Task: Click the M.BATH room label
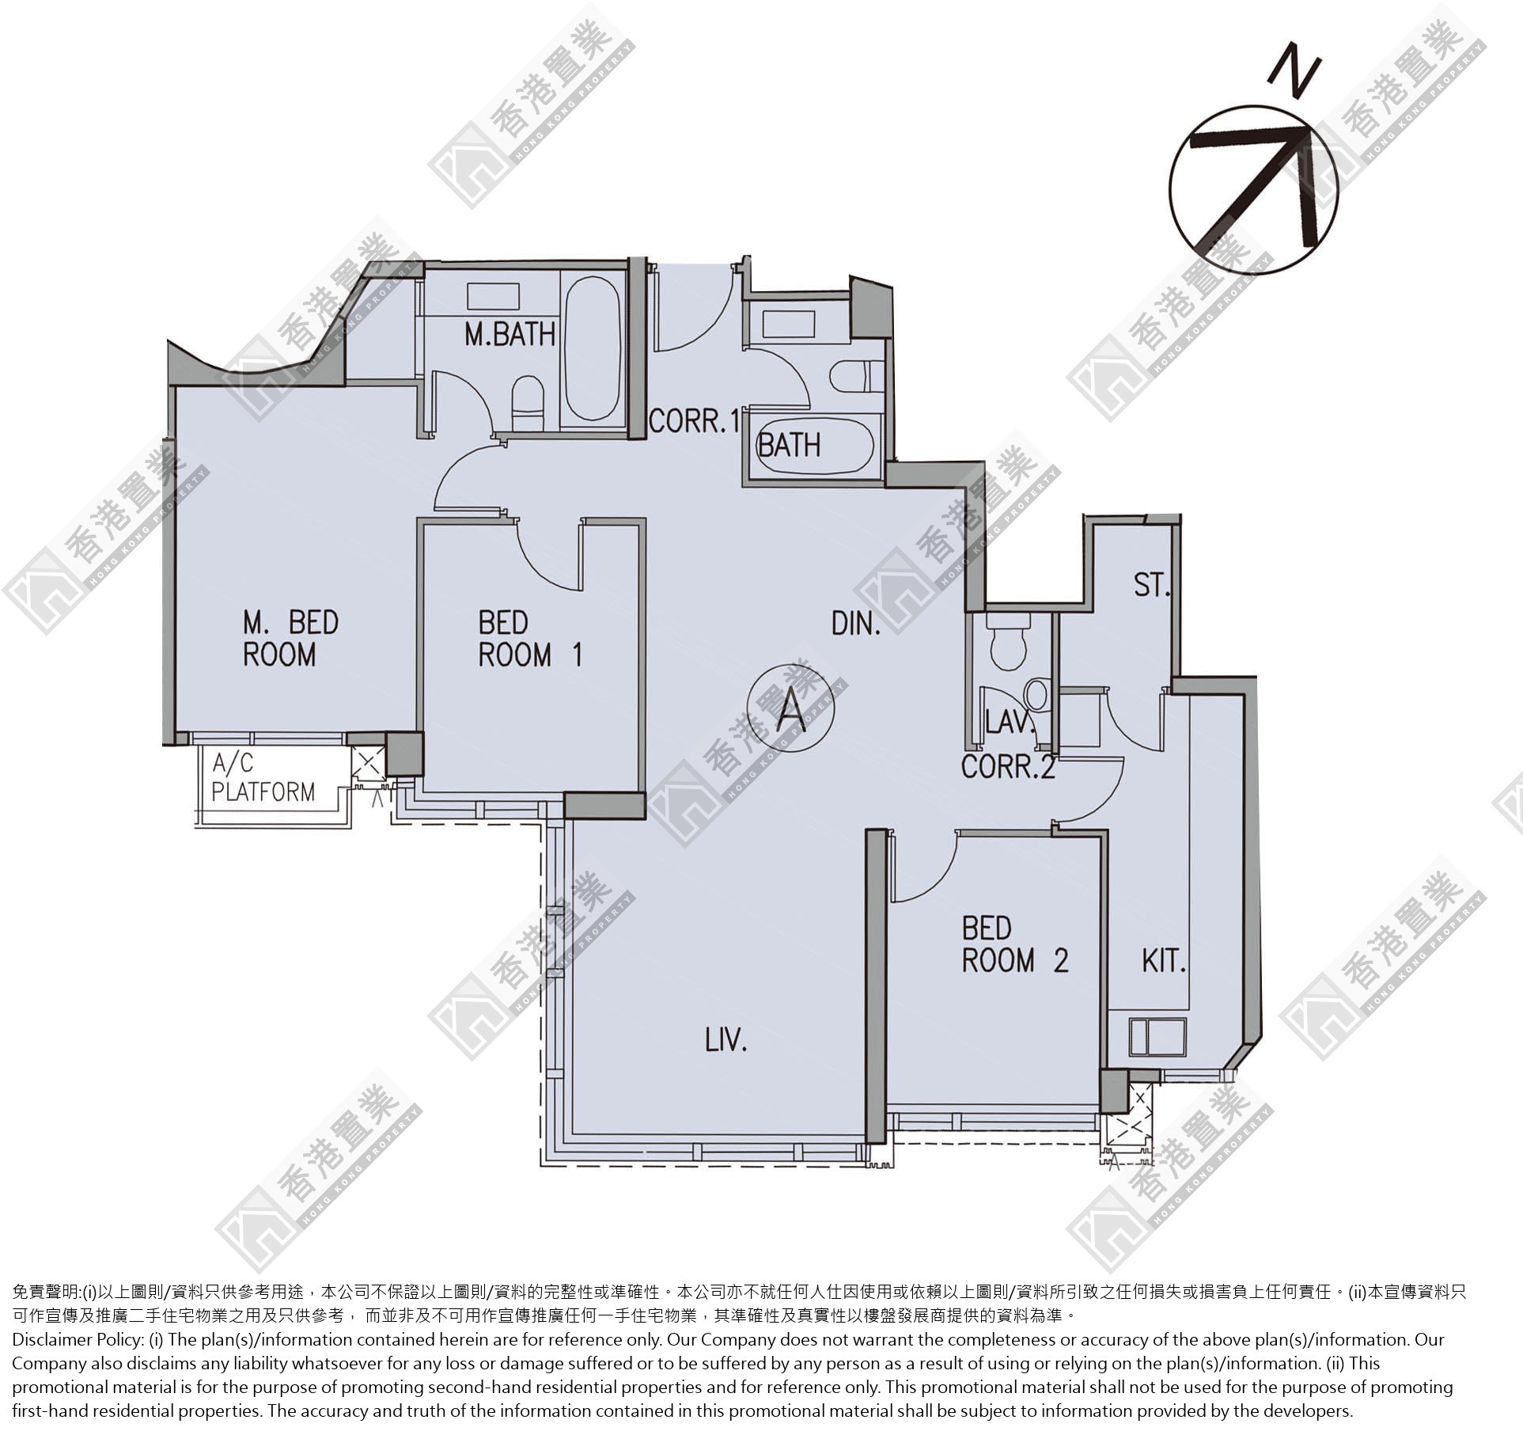point(510,334)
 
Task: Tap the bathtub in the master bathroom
point(593,348)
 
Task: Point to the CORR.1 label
point(694,421)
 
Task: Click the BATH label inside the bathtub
point(789,446)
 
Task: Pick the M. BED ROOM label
point(290,639)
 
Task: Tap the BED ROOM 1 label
point(530,639)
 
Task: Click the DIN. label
point(856,624)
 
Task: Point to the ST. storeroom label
point(1151,585)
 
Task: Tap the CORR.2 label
point(1008,767)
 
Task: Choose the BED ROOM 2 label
point(1015,944)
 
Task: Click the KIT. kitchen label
point(1164,961)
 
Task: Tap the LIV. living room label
point(726,1040)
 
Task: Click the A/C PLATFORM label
point(263,777)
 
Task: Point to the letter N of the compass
point(1294,73)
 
